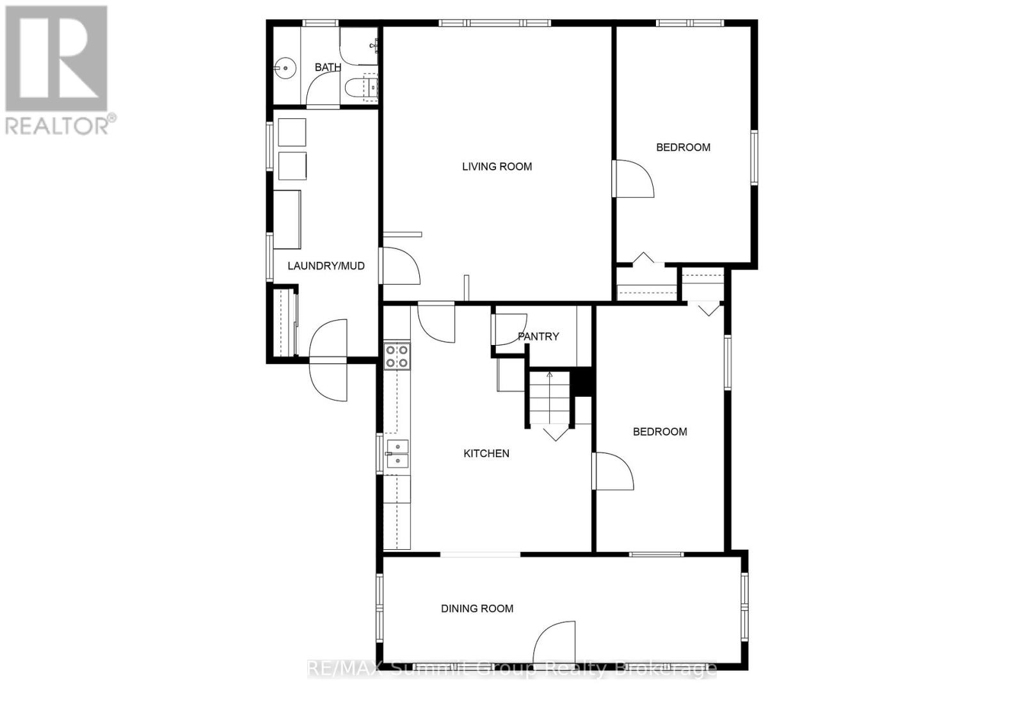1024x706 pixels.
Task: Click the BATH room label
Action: [328, 67]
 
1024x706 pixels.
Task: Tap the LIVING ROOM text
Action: [497, 166]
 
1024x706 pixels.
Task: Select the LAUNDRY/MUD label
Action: [326, 266]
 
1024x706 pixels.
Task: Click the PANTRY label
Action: [538, 336]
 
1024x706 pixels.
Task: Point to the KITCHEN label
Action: [486, 453]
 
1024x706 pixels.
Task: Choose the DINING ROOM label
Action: [477, 609]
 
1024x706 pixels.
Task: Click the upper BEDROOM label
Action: [683, 147]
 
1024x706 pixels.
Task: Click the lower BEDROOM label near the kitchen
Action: [660, 431]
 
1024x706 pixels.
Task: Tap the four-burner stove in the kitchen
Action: [396, 356]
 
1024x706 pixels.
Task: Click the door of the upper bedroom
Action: [634, 179]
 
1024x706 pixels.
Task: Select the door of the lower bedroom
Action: [613, 472]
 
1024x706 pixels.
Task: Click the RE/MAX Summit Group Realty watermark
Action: [512, 670]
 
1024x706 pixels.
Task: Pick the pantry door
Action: [510, 329]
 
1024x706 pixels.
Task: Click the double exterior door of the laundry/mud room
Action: [328, 362]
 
